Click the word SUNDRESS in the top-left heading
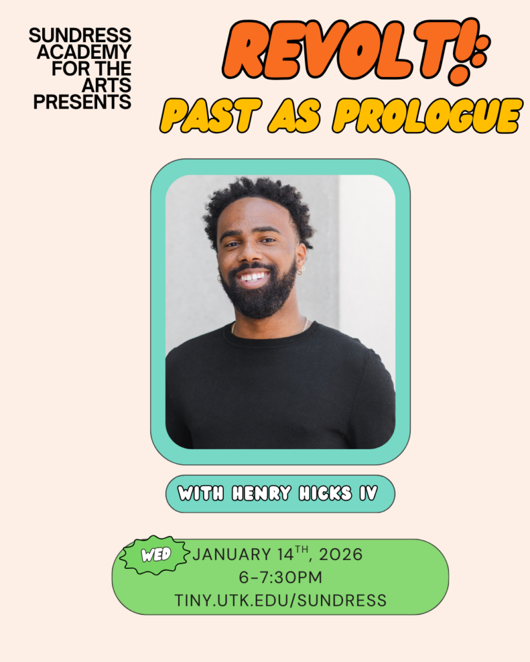pyautogui.click(x=80, y=35)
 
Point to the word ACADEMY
pyautogui.click(x=84, y=52)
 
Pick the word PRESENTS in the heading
pyautogui.click(x=82, y=101)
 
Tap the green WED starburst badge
pyautogui.click(x=156, y=554)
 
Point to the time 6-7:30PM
pyautogui.click(x=280, y=577)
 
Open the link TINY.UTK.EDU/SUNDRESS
pyautogui.click(x=280, y=600)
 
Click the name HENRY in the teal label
pyautogui.click(x=261, y=494)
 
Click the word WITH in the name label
pyautogui.click(x=201, y=494)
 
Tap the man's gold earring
pyautogui.click(x=300, y=270)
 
